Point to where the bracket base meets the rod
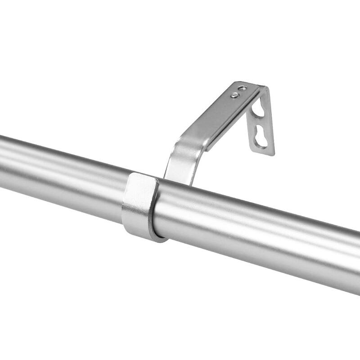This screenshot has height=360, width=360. click(x=180, y=180)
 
